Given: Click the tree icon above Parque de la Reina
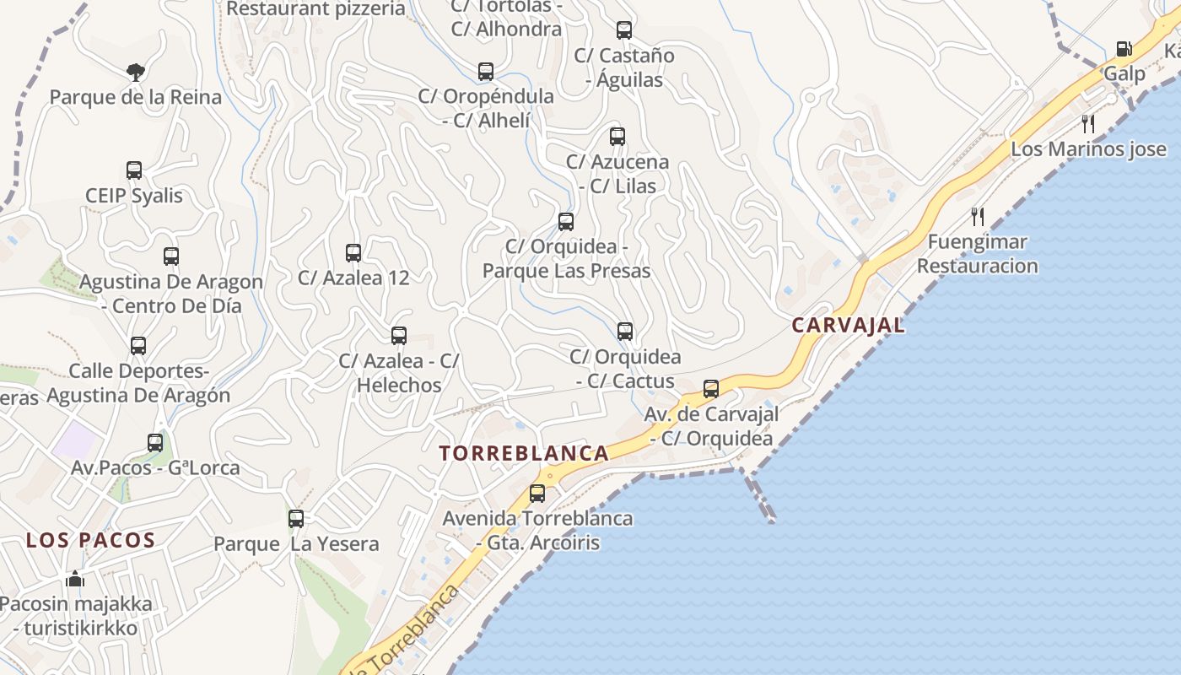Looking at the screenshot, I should click(x=135, y=73).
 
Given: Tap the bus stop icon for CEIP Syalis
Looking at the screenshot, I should click(x=134, y=170).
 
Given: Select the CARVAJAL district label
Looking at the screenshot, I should click(x=848, y=326).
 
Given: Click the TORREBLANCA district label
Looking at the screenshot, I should click(x=524, y=453).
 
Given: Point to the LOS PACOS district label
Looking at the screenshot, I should click(x=91, y=541).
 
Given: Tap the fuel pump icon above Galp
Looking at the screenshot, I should click(x=1124, y=50).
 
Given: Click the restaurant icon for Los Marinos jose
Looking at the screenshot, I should click(x=1088, y=125).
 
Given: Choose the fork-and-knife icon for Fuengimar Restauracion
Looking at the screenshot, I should click(x=977, y=217).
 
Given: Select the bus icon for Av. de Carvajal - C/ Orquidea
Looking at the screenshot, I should click(x=711, y=389).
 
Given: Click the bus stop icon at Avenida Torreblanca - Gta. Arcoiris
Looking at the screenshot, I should click(x=537, y=494).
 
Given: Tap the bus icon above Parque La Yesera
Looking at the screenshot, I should click(x=296, y=519).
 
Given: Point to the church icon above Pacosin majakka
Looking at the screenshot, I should click(x=75, y=580).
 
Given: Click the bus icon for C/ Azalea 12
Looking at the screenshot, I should click(x=353, y=253).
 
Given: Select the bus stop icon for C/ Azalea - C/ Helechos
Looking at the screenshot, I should click(x=399, y=336).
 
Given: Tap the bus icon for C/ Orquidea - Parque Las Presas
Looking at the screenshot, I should click(x=566, y=222).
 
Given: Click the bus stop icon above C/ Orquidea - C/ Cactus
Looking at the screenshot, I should click(x=625, y=332).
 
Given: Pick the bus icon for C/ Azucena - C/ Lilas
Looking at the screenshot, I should click(x=617, y=137).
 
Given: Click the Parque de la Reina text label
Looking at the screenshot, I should click(x=136, y=97).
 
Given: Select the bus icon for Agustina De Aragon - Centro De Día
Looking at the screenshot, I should click(x=171, y=256).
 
